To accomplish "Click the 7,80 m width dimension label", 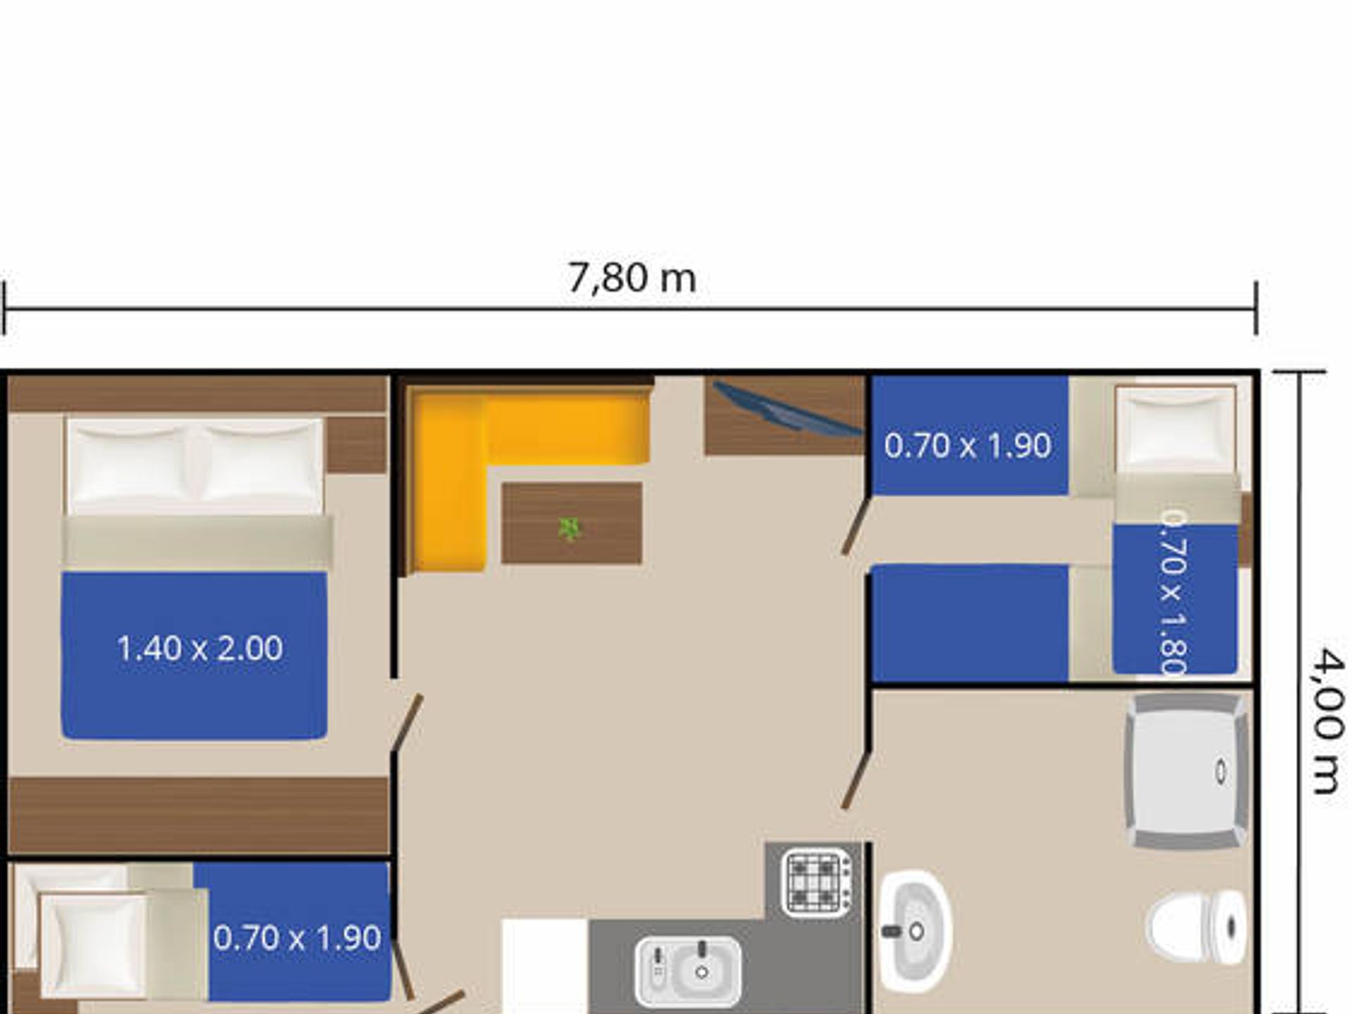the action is [632, 278].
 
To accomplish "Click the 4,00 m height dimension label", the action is [1328, 721].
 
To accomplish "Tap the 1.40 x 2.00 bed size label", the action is [200, 648].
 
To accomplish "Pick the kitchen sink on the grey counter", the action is [687, 970].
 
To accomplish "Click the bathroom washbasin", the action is [914, 931].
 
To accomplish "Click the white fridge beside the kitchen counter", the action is [544, 966].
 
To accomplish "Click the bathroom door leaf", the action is [856, 780].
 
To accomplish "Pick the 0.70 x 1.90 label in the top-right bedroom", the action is [968, 446].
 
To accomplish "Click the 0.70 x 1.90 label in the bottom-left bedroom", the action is [296, 938].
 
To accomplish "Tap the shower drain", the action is [1221, 771].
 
